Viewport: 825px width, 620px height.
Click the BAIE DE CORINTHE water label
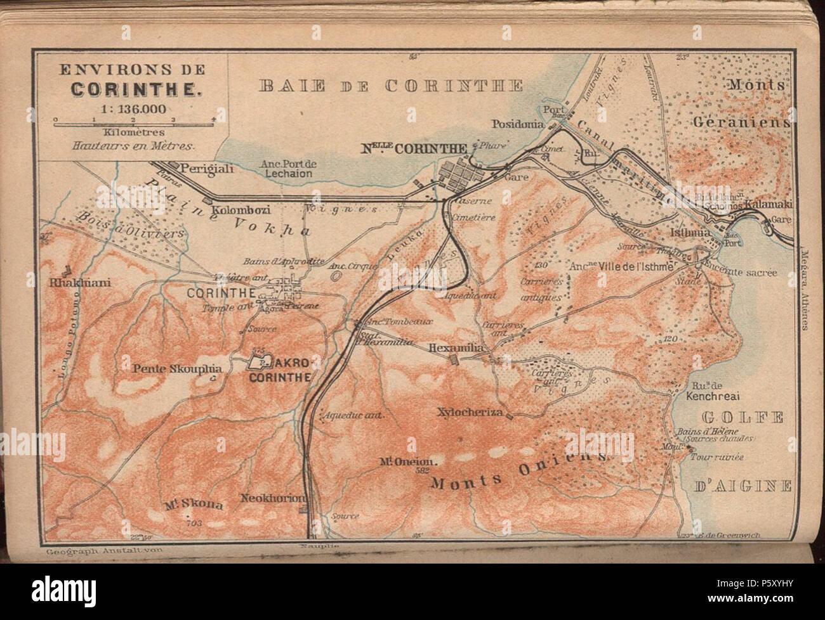coord(390,86)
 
